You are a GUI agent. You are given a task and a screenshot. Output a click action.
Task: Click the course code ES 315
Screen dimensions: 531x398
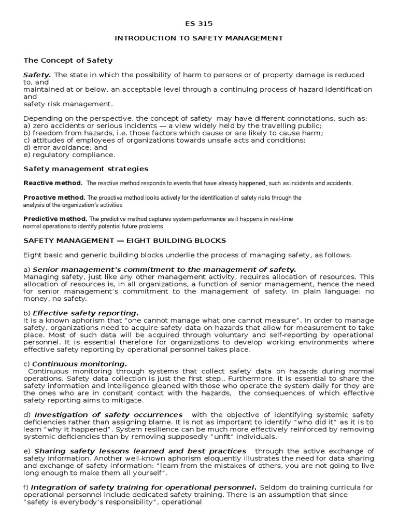tap(199, 24)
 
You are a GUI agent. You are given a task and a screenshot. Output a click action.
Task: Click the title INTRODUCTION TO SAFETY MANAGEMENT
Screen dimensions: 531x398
tap(199, 38)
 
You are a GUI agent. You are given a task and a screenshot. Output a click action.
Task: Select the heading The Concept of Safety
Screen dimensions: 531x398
tap(68, 61)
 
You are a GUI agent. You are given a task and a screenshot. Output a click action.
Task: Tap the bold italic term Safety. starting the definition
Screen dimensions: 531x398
tap(37, 75)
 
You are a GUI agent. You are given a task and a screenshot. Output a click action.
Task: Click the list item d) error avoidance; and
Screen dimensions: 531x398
tap(65, 147)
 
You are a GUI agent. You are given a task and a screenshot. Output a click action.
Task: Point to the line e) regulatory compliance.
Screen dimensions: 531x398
tap(69, 155)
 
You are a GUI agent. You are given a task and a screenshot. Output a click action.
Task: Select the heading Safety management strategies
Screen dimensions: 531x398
tap(86, 169)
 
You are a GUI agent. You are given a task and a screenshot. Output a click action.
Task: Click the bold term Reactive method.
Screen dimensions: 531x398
tap(53, 183)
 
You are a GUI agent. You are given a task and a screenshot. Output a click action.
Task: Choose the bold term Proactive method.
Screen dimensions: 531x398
tap(54, 198)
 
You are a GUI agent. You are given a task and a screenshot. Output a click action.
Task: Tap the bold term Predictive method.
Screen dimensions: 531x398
tap(55, 219)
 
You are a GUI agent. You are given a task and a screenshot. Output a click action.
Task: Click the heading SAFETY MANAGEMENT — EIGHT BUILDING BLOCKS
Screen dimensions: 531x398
tap(124, 241)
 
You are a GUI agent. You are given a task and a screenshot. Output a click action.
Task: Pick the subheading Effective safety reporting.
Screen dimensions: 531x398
tap(86, 313)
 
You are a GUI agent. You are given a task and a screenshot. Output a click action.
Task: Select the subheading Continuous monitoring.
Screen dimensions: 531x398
tap(79, 364)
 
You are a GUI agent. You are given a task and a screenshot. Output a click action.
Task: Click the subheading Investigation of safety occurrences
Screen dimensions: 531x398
tap(108, 415)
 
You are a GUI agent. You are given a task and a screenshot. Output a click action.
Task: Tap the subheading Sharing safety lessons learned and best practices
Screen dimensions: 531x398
tap(139, 451)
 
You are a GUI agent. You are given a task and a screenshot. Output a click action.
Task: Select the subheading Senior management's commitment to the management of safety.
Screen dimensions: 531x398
tap(164, 269)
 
